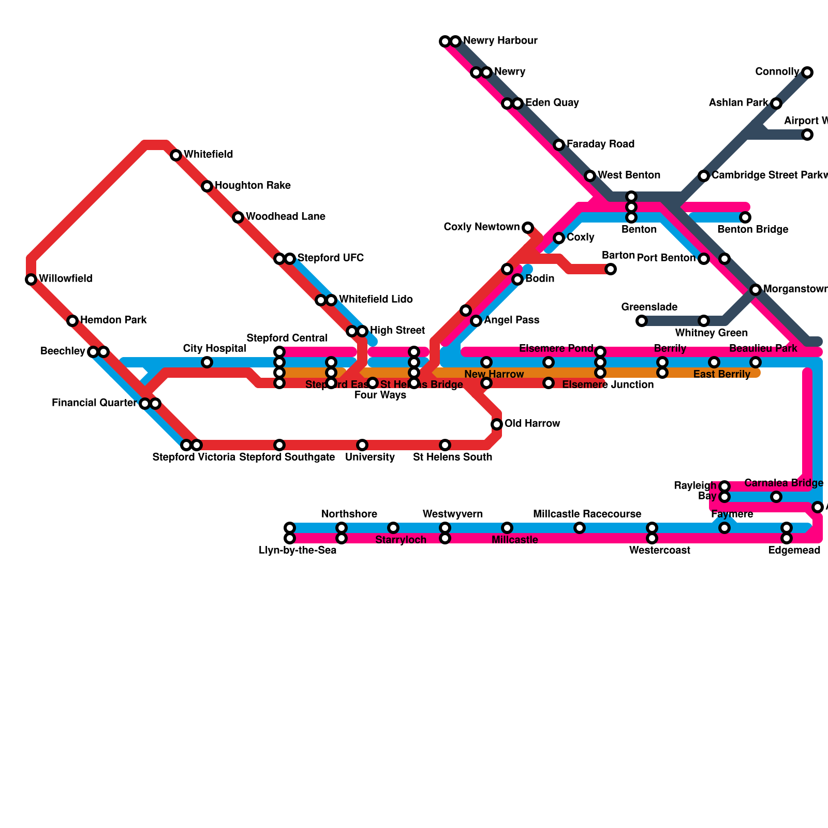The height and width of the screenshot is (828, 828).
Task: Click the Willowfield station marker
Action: (x=31, y=279)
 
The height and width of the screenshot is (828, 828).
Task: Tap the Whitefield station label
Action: (x=208, y=155)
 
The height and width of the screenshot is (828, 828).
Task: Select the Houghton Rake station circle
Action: (x=207, y=186)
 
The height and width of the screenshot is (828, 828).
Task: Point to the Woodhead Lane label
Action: (x=285, y=217)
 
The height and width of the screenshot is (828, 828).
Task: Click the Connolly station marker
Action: (x=807, y=72)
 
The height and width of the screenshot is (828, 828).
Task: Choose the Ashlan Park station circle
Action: (x=776, y=103)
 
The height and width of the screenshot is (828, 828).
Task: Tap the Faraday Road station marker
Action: (x=559, y=145)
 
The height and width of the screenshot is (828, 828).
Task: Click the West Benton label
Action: (x=629, y=175)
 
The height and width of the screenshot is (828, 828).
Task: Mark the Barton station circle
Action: (x=611, y=269)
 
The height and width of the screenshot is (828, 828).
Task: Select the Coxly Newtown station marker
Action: (x=527, y=228)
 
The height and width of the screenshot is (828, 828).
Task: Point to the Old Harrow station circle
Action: (x=497, y=424)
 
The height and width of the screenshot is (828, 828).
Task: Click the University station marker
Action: (x=362, y=445)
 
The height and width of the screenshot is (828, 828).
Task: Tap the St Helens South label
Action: (x=452, y=457)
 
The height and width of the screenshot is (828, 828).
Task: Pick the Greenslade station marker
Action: (x=642, y=321)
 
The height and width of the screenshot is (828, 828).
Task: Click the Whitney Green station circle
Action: (x=704, y=321)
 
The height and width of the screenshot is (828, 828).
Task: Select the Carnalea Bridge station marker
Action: (x=776, y=497)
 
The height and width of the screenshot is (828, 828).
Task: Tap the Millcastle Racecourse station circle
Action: (x=580, y=528)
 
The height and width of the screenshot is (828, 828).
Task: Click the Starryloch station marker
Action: (x=393, y=528)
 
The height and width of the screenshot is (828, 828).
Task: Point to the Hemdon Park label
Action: (x=113, y=320)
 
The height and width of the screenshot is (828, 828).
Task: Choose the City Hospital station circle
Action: (x=207, y=362)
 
